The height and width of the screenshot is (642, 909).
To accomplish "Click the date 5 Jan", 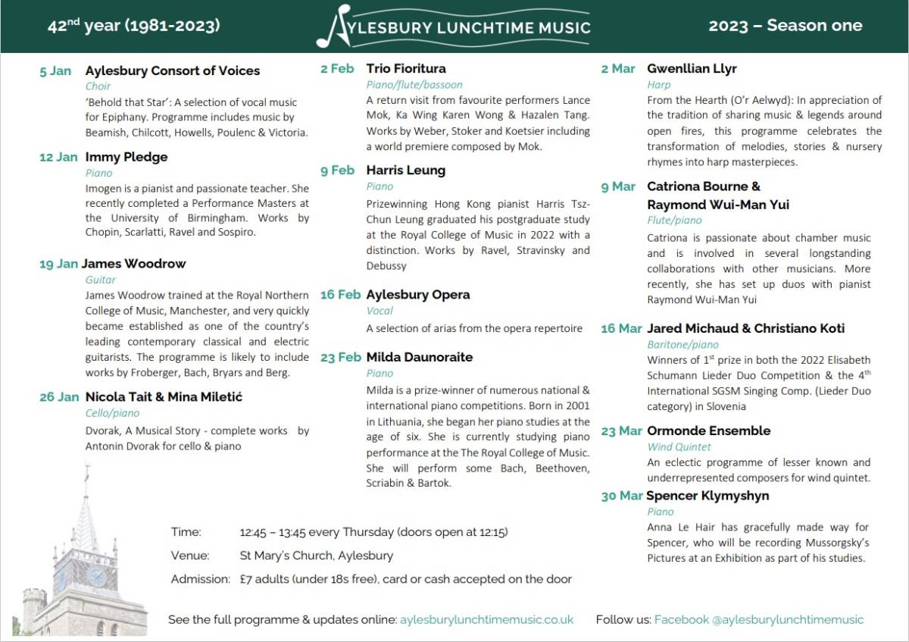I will click(x=55, y=71).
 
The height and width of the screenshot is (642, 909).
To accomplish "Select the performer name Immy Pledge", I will click(x=127, y=157).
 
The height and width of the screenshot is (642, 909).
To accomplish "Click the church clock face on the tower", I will click(x=97, y=575).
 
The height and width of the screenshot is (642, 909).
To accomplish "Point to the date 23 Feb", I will click(x=340, y=357).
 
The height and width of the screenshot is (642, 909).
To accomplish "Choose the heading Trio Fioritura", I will click(x=406, y=68).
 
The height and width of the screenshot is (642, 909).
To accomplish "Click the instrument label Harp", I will click(x=658, y=85).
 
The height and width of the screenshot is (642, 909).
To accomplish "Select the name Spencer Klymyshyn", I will click(x=708, y=496).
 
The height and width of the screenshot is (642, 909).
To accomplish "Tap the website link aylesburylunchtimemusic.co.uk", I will click(x=486, y=619).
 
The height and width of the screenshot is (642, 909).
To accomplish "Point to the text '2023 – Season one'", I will click(x=785, y=26).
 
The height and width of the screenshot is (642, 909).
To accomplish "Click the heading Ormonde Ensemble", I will click(x=708, y=431).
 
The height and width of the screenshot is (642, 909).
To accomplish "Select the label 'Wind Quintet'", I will click(x=679, y=447).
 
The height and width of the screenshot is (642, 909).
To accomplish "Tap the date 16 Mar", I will click(x=621, y=328).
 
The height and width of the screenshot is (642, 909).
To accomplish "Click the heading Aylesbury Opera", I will click(x=417, y=294).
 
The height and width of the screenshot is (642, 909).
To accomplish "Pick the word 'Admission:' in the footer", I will click(x=200, y=579).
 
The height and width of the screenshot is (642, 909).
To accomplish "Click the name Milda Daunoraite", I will click(x=419, y=357).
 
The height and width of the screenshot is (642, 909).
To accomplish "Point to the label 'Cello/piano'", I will click(x=112, y=413).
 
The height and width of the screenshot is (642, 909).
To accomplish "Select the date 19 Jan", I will click(x=58, y=264).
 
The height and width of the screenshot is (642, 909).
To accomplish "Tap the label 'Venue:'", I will click(x=189, y=556).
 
